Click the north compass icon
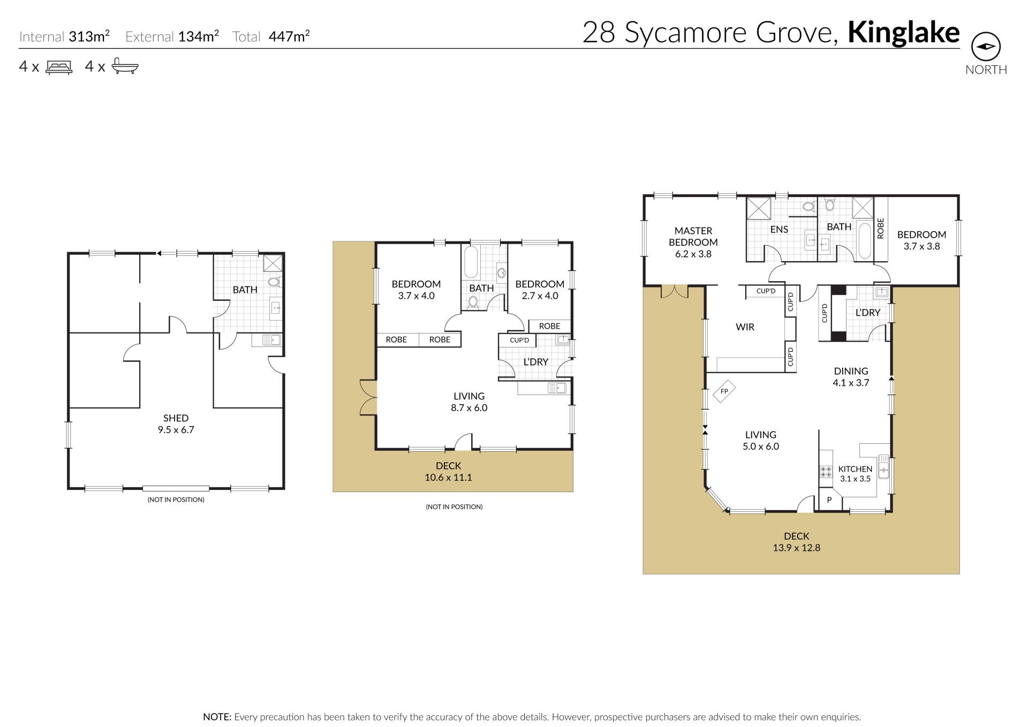pos(986,47)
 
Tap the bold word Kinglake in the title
pos(903,33)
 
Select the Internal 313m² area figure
pos(64,36)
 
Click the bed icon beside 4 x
pos(59,67)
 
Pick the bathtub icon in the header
pos(125,66)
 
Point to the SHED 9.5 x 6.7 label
pos(176,423)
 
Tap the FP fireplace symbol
pos(724,391)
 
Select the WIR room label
pos(745,327)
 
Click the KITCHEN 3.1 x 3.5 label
pos(855,474)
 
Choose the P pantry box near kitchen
pos(829,500)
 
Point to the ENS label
pos(779,230)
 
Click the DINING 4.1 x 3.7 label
pos(851,377)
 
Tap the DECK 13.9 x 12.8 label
pos(796,541)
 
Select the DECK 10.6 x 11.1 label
pos(448,472)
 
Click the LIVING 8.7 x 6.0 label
pos(469,402)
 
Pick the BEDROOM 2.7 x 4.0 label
pos(540,290)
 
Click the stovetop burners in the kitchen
pos(826,472)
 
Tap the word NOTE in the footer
pos(217,717)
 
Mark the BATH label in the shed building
pos(245,290)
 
